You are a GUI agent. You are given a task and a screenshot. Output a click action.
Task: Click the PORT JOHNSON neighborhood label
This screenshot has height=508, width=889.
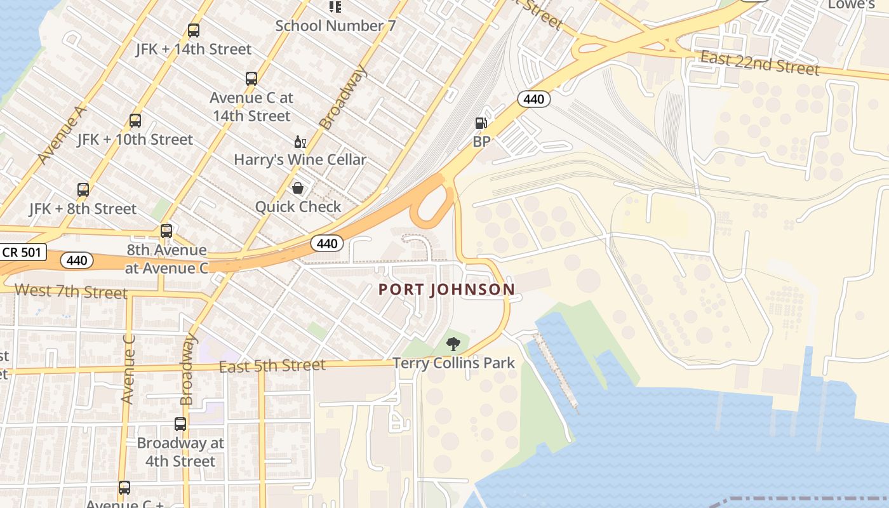(x=446, y=290)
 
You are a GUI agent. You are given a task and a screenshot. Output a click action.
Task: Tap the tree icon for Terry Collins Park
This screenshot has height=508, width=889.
(x=453, y=345)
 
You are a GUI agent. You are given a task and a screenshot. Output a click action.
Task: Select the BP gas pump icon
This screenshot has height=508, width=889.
(x=481, y=123)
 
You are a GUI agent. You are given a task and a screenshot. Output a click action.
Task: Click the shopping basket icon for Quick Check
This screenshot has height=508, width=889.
(x=297, y=188)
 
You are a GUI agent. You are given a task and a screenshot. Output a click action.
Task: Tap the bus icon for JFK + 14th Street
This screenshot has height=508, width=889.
(x=194, y=30)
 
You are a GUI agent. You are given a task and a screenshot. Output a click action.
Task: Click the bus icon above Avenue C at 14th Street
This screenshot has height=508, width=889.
(x=251, y=79)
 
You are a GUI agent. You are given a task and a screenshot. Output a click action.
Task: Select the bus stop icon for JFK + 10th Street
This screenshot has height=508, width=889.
(x=135, y=121)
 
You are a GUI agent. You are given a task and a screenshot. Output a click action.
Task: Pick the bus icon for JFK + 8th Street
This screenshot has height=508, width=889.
(x=83, y=189)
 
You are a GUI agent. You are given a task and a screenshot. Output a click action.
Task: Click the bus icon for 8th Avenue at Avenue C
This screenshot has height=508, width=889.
(x=166, y=231)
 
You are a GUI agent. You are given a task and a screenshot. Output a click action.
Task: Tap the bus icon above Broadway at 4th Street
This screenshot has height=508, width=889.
(x=180, y=424)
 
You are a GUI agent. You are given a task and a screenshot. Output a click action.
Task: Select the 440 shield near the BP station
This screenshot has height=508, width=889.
(x=533, y=99)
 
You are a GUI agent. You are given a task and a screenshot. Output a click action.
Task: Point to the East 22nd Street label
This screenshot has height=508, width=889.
(x=759, y=63)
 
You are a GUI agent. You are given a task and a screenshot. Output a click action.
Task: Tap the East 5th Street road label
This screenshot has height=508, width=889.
(x=272, y=366)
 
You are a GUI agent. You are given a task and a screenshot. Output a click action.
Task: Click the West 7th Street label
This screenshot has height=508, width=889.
(x=70, y=292)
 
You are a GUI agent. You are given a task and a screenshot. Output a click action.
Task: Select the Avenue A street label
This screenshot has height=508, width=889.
(x=61, y=135)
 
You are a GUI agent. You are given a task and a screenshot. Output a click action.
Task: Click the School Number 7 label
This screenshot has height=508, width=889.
(x=330, y=26)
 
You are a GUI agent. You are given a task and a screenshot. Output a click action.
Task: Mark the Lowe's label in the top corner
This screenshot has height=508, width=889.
(x=852, y=4)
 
